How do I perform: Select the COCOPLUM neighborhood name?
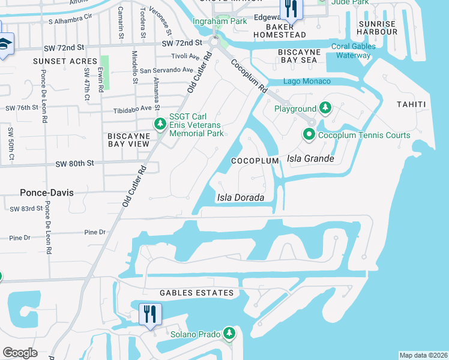coord(255,161)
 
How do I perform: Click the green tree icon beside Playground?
coord(325,108)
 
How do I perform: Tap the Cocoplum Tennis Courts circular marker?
coord(310,134)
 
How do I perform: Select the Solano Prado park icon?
coord(228,333)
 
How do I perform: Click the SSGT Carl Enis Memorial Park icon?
coord(160,124)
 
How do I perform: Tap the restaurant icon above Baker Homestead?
coord(291,8)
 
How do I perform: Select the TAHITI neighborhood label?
coord(411,104)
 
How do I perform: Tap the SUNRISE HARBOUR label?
coord(378,28)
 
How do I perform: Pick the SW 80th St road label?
coord(75,163)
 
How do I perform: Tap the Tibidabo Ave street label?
coord(133,110)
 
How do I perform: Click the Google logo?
coord(20,353)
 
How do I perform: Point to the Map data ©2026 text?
coord(423,355)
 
